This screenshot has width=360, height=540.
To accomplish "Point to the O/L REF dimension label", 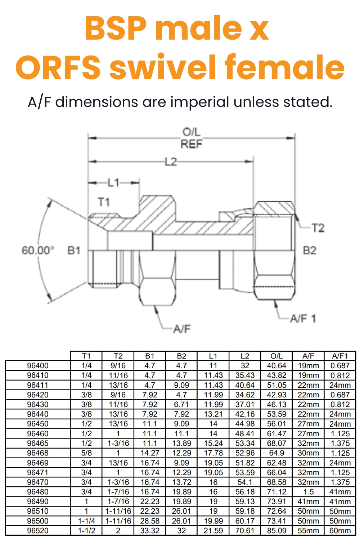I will coord(192,138).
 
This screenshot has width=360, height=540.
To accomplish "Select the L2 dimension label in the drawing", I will coord(171,162).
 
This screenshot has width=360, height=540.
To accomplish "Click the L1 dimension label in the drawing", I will coord(114,183).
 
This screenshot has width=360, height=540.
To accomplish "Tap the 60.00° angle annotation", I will coord(38,250).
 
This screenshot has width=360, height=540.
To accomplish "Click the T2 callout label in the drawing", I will coord(318,228).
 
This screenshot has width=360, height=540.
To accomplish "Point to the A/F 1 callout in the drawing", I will coord(303,319).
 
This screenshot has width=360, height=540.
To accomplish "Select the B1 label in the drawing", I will coord(74,250).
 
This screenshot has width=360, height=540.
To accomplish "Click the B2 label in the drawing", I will coord(309,250).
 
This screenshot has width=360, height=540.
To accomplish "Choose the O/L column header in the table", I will coord(276,356).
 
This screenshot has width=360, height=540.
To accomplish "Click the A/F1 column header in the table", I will coord(340,356).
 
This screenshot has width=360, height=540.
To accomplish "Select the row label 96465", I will coord(38,444).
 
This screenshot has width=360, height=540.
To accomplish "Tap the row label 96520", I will coord(38,531).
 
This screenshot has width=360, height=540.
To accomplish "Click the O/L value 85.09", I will coord(276,531).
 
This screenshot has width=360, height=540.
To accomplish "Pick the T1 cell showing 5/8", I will coord(86,453).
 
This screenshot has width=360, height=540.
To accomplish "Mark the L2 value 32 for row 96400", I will coord(245,366).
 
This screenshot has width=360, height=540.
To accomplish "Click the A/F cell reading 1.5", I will coord(308,492).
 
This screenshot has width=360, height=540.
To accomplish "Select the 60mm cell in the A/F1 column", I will coord(340,531).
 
